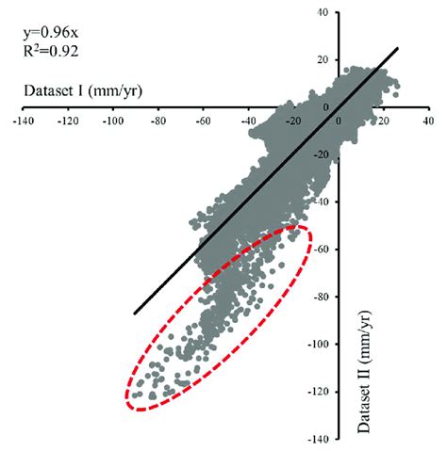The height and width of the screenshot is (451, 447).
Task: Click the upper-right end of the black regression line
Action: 398,48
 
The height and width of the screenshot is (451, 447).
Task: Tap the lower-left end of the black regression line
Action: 134,314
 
